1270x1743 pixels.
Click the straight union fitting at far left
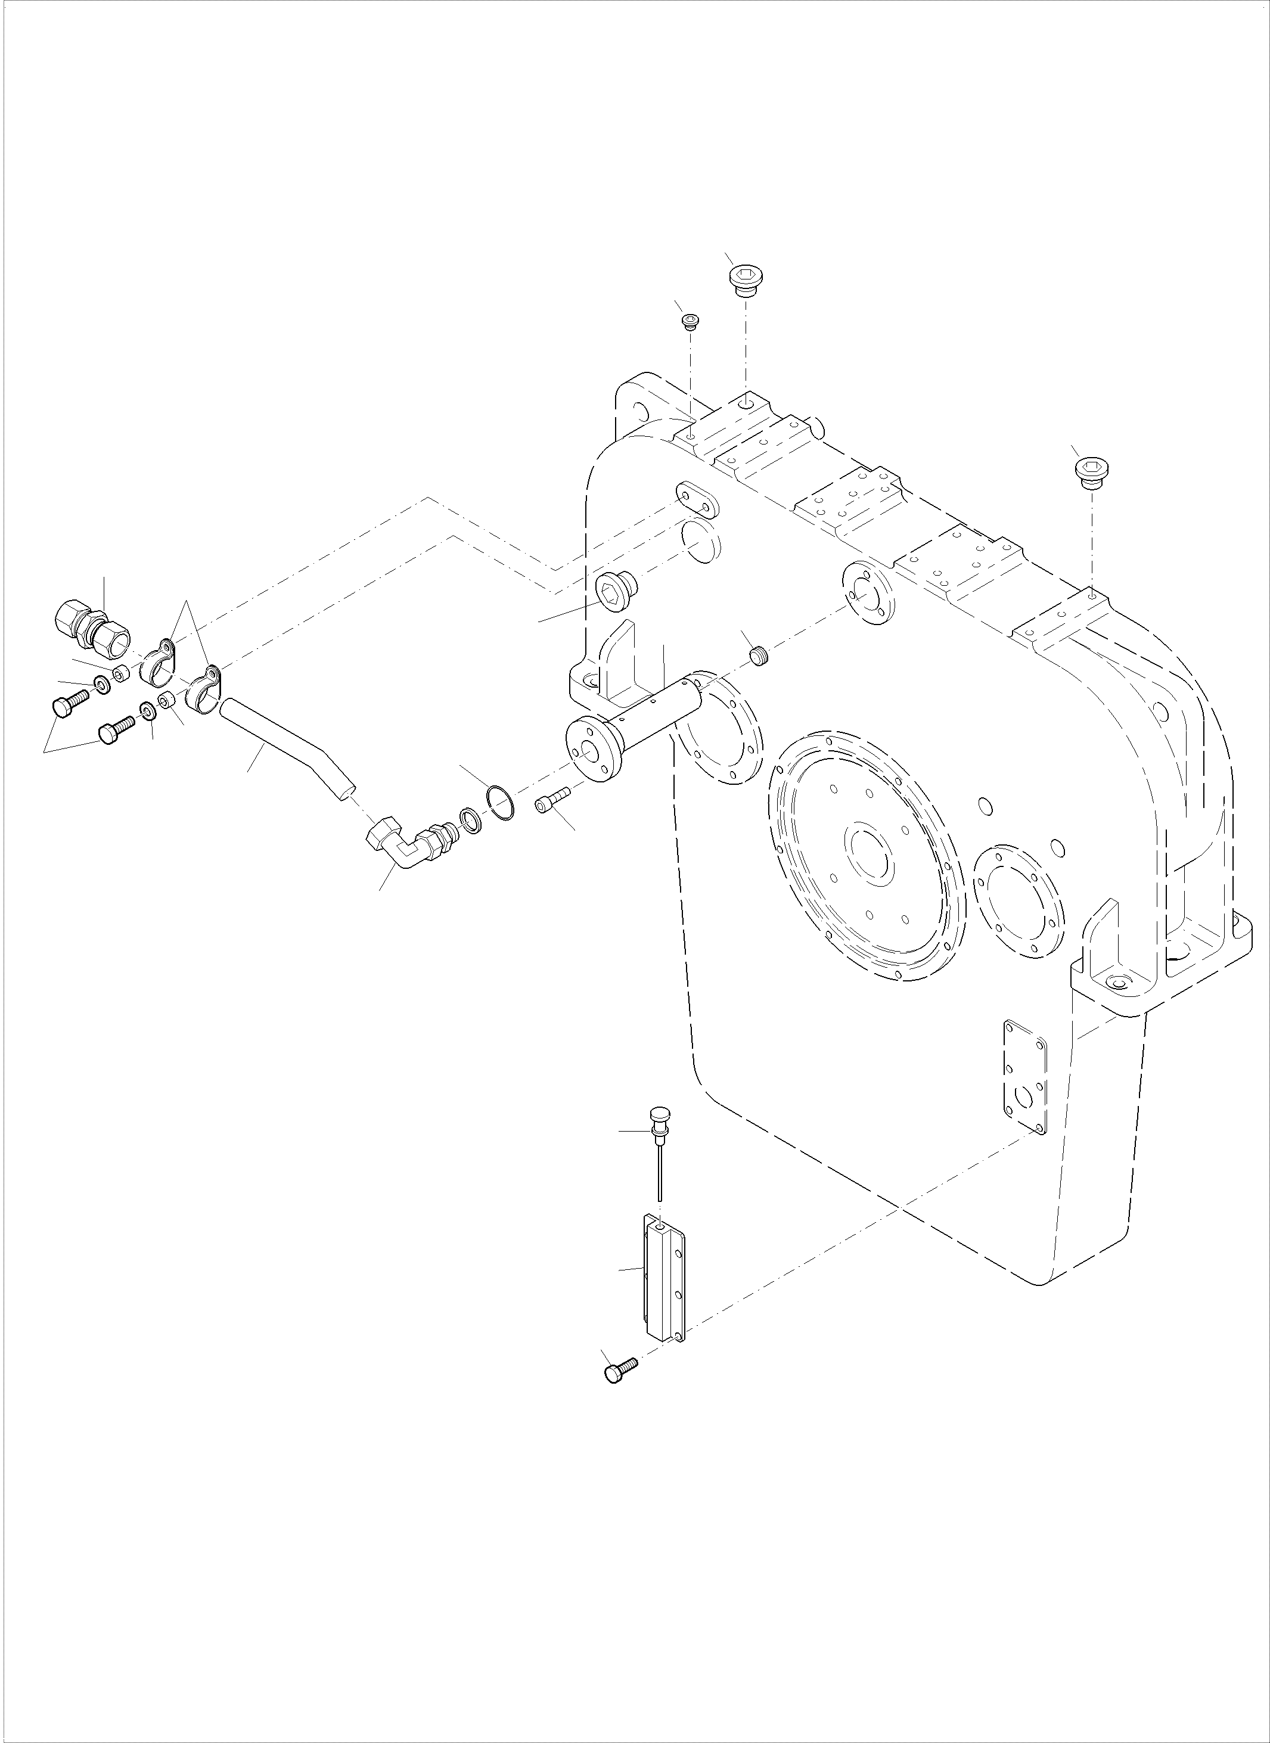tap(92, 621)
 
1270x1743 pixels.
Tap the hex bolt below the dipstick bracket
tap(620, 1369)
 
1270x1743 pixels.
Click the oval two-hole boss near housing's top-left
tap(697, 501)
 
